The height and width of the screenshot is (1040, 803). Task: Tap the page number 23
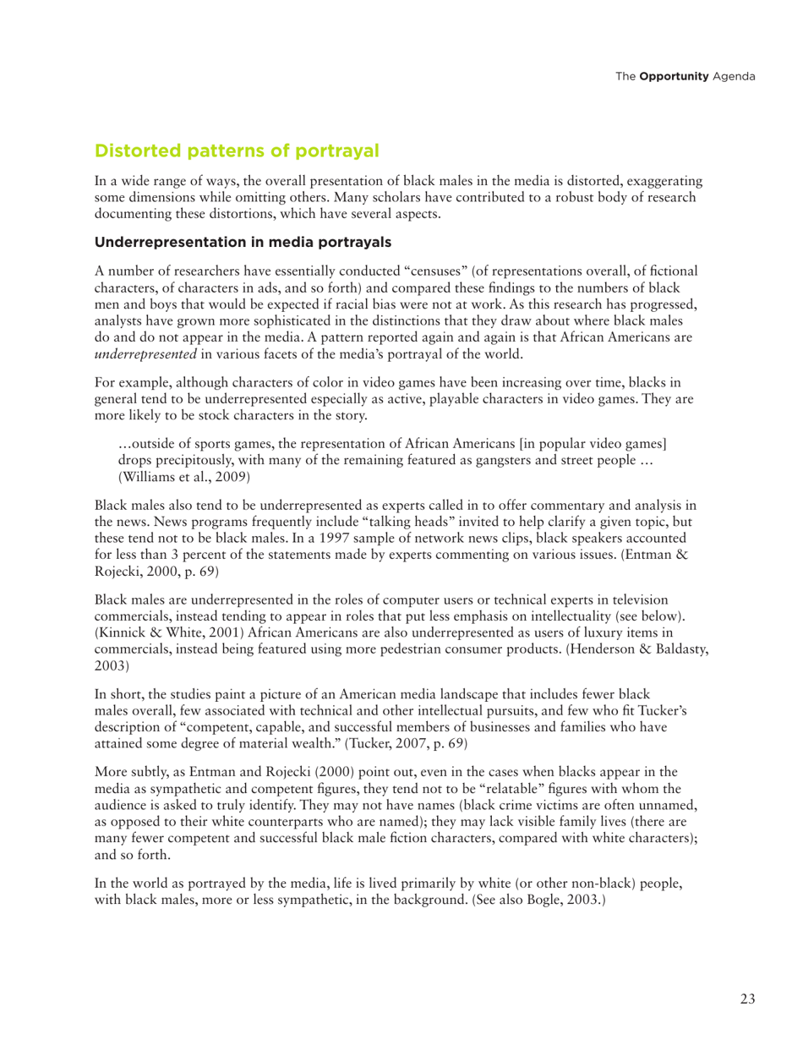[747, 999]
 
